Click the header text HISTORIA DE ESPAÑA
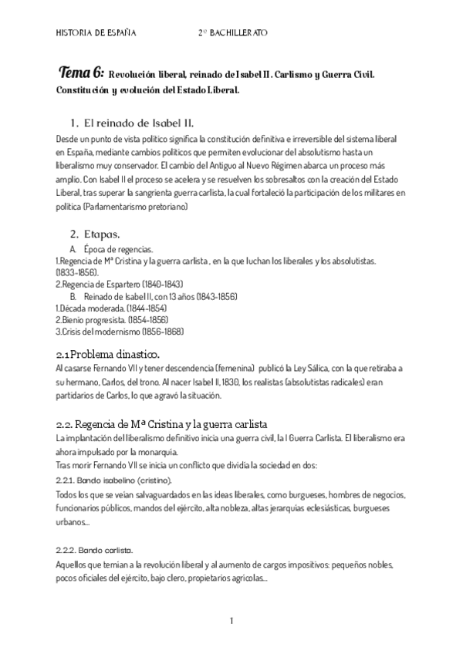pos(97,33)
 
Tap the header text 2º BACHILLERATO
pos(233,33)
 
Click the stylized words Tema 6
pos(81,74)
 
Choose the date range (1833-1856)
pos(76,273)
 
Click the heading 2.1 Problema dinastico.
pos(108,355)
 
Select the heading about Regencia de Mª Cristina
pos(162,424)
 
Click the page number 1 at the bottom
pos(231,621)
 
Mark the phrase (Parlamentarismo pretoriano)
pos(144,207)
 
